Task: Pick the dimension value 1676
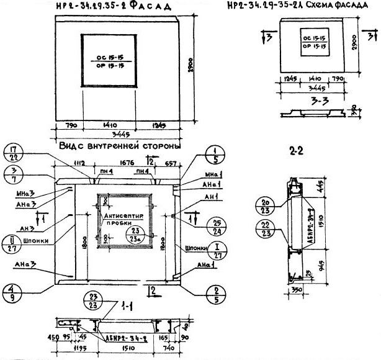click(x=127, y=163)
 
